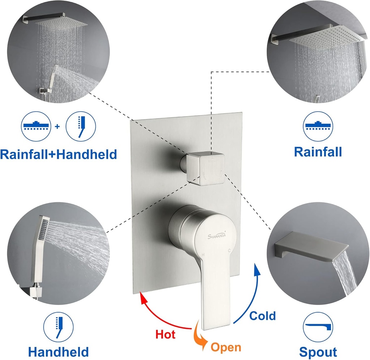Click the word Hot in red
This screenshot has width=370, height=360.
tap(165, 334)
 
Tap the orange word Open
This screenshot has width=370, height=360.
tap(226, 347)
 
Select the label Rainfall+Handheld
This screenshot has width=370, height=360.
tap(59, 154)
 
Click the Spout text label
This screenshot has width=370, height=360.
tap(318, 352)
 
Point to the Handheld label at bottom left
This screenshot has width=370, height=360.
tap(59, 351)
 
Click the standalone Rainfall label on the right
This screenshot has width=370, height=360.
tap(318, 152)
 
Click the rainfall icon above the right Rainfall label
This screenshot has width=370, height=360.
tap(318, 126)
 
